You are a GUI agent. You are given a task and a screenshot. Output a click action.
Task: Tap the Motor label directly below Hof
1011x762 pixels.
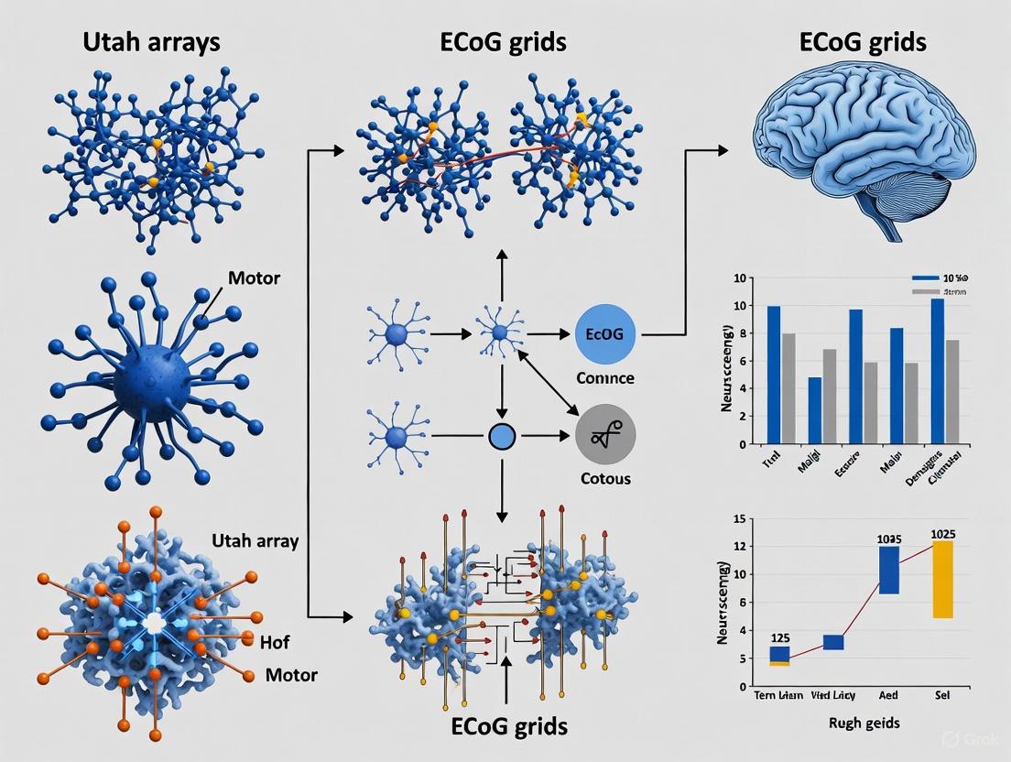click(x=291, y=675)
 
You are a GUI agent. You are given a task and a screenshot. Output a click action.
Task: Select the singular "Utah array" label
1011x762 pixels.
click(x=255, y=540)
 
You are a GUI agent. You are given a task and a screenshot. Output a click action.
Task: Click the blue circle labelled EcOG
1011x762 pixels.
click(x=603, y=334)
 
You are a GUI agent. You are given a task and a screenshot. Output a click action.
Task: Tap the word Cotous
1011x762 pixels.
click(x=605, y=478)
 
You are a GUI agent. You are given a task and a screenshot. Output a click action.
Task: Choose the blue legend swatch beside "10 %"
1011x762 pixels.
click(x=926, y=278)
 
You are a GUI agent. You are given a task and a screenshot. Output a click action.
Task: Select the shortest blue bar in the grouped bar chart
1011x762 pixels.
click(x=815, y=410)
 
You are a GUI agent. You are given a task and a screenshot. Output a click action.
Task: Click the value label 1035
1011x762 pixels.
click(x=888, y=539)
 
